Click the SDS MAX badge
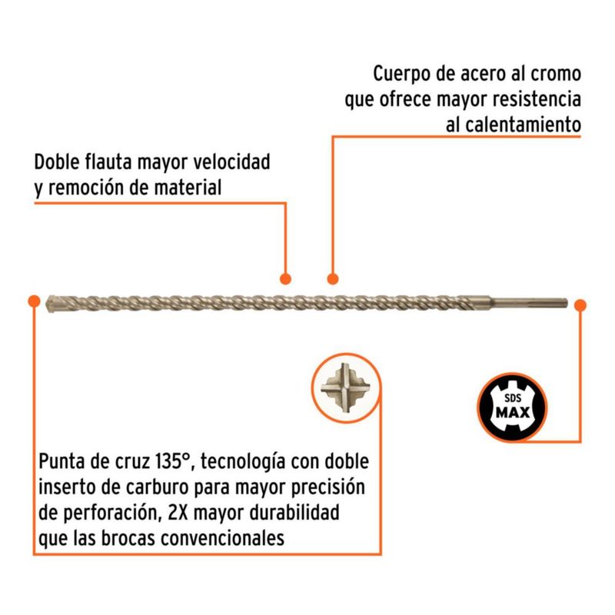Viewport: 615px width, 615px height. tap(512, 407)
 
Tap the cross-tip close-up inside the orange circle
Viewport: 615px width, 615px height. tap(345, 387)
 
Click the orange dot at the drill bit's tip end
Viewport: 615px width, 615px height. tap(34, 301)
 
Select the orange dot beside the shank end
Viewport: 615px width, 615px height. tap(580, 305)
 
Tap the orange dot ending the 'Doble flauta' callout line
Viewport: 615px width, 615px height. tap(285, 279)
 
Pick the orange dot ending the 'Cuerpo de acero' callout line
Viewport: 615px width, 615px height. tap(333, 279)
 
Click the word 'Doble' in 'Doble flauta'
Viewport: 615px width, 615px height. tap(57, 161)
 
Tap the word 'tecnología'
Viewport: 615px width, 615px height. tap(243, 462)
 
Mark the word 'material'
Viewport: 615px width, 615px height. tap(188, 187)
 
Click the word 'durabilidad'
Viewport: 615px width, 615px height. tap(294, 512)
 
